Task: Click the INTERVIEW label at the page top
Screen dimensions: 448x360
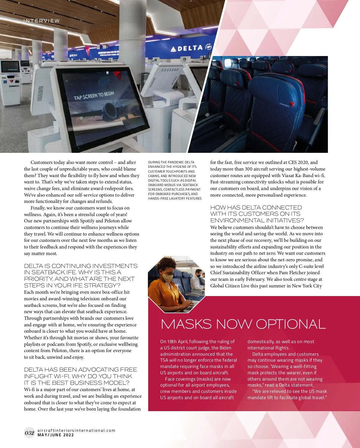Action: [42, 21]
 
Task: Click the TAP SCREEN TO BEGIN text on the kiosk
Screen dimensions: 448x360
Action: [94, 96]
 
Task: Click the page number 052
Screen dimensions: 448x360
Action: [29, 432]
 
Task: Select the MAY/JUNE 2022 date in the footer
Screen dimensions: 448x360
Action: [56, 435]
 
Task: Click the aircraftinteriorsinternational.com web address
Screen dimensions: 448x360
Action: [76, 430]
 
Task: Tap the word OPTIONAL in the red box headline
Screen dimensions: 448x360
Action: [291, 324]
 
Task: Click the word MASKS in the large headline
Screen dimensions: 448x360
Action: [186, 324]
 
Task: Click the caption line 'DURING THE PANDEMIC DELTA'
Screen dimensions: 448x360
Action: [171, 162]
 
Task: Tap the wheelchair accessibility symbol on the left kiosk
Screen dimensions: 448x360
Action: [5, 81]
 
